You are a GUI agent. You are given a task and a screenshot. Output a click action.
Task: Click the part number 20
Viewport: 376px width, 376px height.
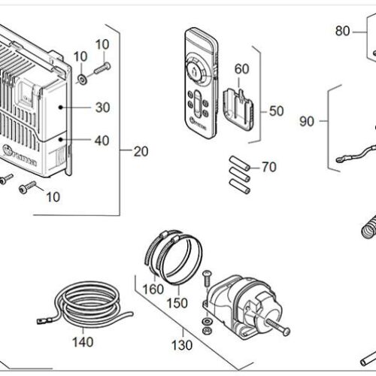pyautogui.click(x=141, y=150)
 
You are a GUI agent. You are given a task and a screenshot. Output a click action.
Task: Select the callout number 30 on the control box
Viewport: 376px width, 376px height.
pyautogui.click(x=103, y=108)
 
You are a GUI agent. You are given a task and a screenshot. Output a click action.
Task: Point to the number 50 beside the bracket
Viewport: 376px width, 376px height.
pyautogui.click(x=277, y=111)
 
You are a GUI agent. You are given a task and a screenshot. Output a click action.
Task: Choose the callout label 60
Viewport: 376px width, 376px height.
pyautogui.click(x=241, y=69)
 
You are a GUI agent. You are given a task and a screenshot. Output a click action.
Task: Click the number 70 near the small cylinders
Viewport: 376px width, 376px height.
pyautogui.click(x=268, y=167)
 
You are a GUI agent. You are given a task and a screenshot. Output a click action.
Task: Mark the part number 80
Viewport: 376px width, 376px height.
pyautogui.click(x=343, y=31)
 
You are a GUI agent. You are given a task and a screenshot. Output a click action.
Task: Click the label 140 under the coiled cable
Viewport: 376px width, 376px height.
pyautogui.click(x=83, y=342)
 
